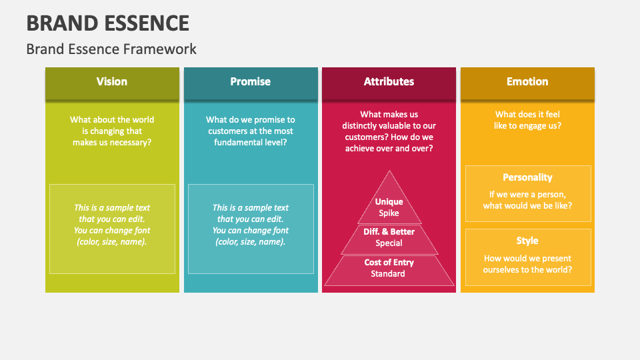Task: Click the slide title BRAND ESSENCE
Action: (108, 23)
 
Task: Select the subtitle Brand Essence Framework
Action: (111, 49)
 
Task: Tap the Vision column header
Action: (111, 81)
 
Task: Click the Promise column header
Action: (250, 81)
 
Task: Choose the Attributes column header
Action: (389, 81)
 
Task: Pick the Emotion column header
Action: (527, 81)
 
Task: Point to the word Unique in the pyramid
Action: (389, 201)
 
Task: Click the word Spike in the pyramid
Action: (389, 213)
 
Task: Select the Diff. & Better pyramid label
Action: (389, 231)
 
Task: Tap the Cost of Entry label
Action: (389, 262)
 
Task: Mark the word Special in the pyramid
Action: (389, 243)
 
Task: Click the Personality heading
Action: (527, 177)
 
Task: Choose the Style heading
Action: (527, 241)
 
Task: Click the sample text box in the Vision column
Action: (112, 229)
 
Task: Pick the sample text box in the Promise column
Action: (251, 229)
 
